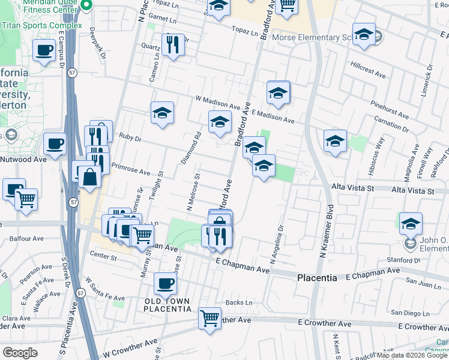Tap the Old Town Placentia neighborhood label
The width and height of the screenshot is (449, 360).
pyautogui.click(x=167, y=305)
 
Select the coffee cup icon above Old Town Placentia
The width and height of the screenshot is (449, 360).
pyautogui.click(x=166, y=284)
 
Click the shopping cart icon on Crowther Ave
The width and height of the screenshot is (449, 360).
pyautogui.click(x=209, y=318)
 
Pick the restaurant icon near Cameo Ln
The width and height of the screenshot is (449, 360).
pyautogui.click(x=172, y=45)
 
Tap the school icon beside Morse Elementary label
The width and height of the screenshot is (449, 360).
pyautogui.click(x=364, y=35)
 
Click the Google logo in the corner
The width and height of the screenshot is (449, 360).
pyautogui.click(x=20, y=353)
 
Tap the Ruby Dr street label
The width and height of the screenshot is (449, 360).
pyautogui.click(x=130, y=137)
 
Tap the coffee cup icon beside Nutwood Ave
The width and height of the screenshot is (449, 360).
pyautogui.click(x=55, y=144)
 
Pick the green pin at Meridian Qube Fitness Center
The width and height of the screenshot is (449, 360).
pyautogui.click(x=86, y=7)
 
